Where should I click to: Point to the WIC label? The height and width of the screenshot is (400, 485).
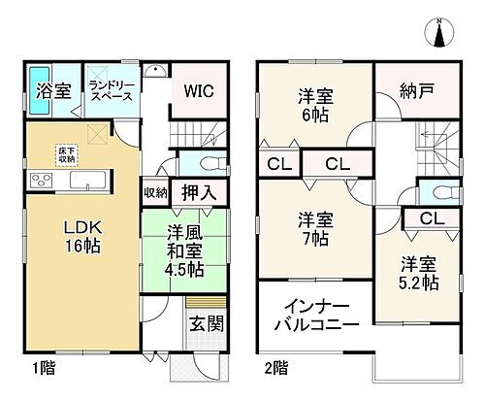200,90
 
